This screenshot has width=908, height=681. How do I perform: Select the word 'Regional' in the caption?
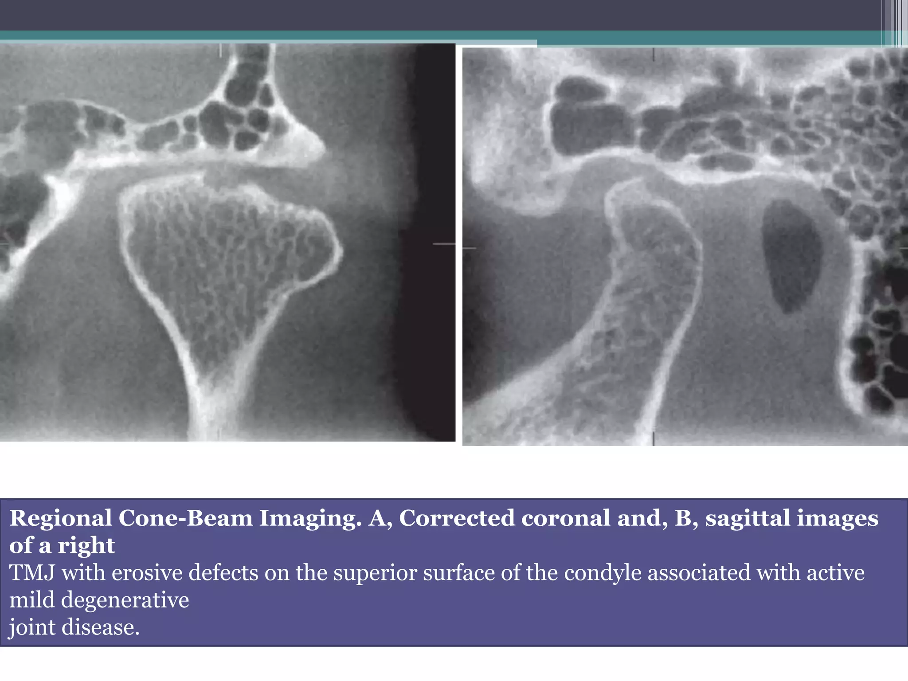61,518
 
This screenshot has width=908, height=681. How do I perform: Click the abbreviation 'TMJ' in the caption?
32,572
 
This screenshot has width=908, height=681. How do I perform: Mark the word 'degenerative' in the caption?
125,600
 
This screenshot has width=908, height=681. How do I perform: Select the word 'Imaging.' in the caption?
310,518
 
